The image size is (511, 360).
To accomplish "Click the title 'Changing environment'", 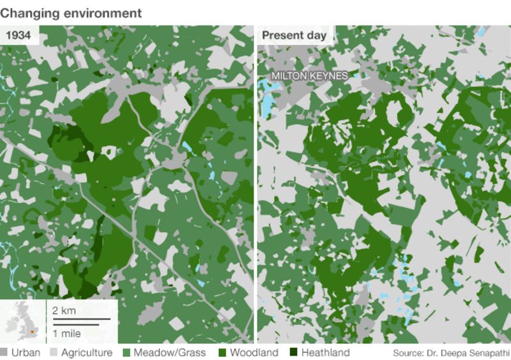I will pos(71,12).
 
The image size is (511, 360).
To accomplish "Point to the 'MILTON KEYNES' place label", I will pos(309,76).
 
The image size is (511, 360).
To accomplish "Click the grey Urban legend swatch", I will pos(4,352).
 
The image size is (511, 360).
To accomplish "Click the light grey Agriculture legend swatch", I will pos(54,352).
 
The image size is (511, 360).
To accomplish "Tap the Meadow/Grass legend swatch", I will pos(126,352).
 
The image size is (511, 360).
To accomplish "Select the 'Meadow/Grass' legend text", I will pos(168,352).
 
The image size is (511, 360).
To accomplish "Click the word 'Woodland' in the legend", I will pos(254,352).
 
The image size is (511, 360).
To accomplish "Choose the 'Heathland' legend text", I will pos(325,352).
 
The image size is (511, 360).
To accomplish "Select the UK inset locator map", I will pos(22,322).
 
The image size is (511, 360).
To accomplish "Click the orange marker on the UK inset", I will pos(31,331).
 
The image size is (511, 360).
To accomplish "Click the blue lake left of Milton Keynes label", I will pos(264,96).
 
